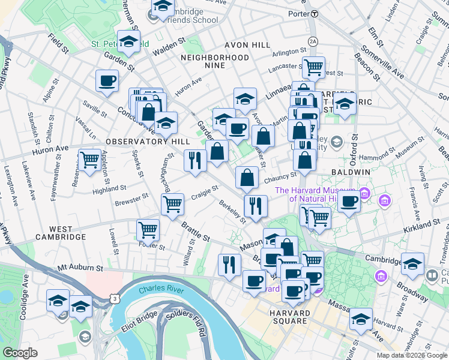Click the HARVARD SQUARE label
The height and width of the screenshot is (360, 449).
coord(289,317)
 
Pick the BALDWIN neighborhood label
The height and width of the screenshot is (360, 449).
coord(351,172)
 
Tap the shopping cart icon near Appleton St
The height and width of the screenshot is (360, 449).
coord(89,160)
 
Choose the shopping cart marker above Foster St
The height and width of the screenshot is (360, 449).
coord(148,229)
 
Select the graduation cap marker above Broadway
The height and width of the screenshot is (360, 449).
coord(412,263)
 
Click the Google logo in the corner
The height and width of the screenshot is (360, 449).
coord(20,353)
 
